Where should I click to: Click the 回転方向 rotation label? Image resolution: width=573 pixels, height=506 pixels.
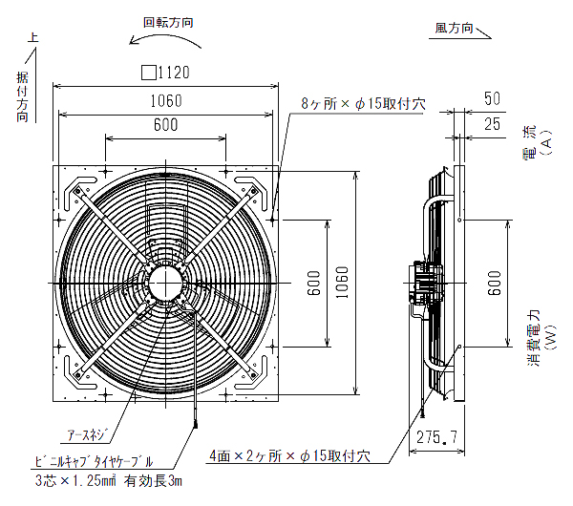click(169, 21)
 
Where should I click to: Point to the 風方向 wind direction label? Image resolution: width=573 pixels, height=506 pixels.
click(455, 29)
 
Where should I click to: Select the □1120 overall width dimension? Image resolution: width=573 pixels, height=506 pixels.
click(166, 72)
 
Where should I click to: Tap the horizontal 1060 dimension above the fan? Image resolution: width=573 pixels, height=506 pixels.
click(165, 101)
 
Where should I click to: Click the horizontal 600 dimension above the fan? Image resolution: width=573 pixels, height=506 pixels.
click(165, 125)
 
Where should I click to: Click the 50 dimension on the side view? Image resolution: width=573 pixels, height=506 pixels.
click(493, 98)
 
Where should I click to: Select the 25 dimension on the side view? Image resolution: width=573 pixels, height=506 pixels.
click(493, 123)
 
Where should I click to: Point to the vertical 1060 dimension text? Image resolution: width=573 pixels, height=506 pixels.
click(342, 286)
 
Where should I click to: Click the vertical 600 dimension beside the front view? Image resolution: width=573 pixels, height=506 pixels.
click(313, 286)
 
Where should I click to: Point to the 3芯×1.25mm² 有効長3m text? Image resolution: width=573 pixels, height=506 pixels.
click(107, 480)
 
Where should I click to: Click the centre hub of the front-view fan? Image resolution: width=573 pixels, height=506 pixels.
click(165, 284)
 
